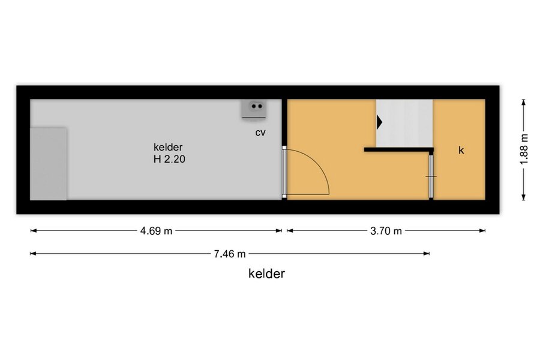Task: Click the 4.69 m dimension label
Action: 156,231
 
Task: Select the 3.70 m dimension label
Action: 386,231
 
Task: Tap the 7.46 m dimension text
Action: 230,254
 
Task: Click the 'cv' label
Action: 260,133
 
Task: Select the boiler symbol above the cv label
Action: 254,109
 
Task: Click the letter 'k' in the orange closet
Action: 461,150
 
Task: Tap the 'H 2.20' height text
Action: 169,159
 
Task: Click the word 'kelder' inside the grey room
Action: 168,147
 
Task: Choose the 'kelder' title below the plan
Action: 266,274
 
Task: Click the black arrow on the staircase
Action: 379,122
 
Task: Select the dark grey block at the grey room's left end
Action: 49,164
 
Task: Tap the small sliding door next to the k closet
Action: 431,176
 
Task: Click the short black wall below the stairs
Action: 399,150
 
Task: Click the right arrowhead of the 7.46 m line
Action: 427,254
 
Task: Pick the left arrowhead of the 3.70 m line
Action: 290,231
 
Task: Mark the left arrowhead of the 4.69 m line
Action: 34,231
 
